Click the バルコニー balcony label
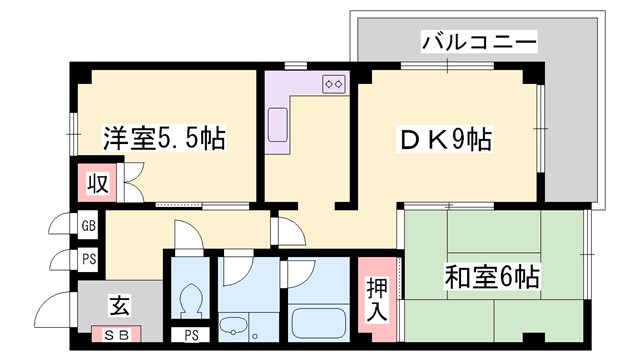(x=479, y=42)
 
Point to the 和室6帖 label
(x=490, y=273)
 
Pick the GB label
(x=88, y=227)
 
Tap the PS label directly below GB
(x=88, y=259)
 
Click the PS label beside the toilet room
(x=191, y=334)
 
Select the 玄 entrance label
(x=117, y=300)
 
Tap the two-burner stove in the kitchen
(x=334, y=85)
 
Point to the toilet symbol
(x=189, y=299)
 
